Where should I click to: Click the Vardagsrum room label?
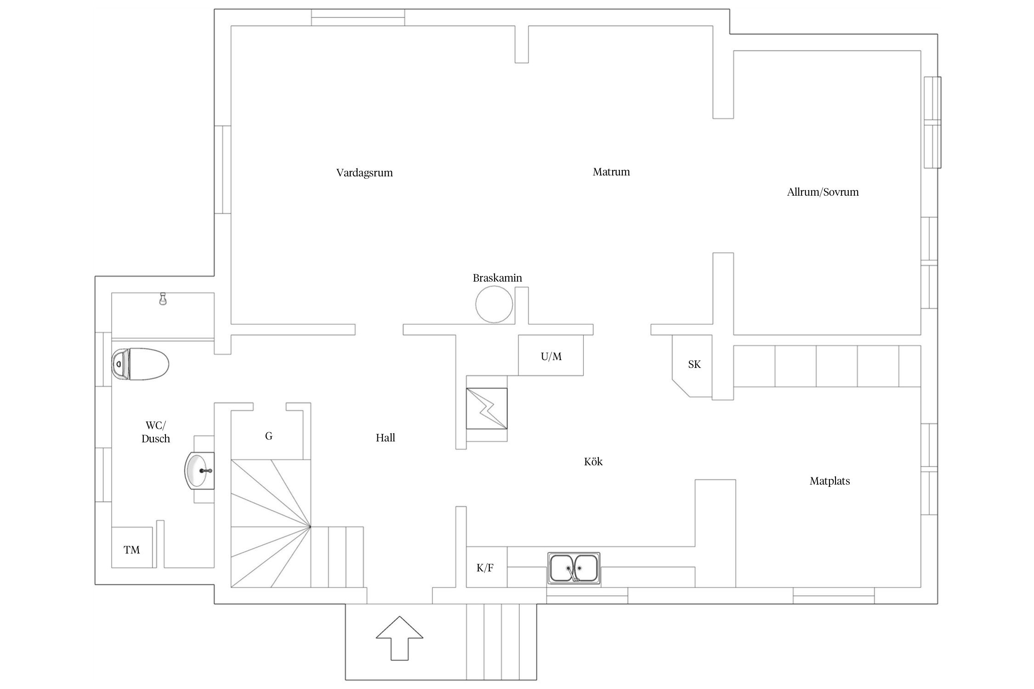click(364, 173)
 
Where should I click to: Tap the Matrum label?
click(611, 172)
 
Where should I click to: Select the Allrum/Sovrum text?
click(822, 192)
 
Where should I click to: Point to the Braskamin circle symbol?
click(494, 304)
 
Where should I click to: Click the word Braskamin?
click(497, 278)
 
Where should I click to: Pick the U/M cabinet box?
click(551, 356)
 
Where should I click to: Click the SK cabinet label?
click(694, 365)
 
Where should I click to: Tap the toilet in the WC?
click(140, 364)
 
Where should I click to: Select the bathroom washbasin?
click(200, 470)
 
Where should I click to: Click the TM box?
click(132, 549)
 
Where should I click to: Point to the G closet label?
click(269, 436)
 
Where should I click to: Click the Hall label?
click(385, 438)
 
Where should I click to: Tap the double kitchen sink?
click(574, 568)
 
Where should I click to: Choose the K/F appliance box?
click(485, 568)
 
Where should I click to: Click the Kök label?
click(593, 462)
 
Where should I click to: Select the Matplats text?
click(829, 481)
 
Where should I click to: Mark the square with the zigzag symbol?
click(487, 408)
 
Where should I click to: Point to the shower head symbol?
click(162, 299)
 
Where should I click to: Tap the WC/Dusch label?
click(156, 432)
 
